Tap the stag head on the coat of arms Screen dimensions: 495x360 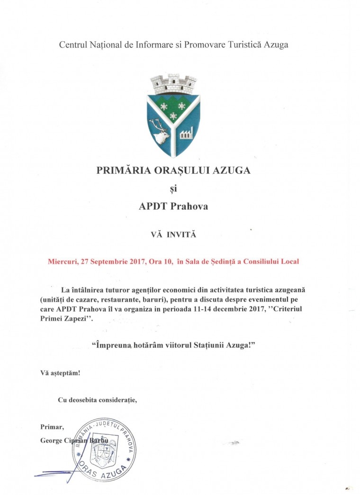click(161, 134)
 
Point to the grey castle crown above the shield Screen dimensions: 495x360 click(173, 84)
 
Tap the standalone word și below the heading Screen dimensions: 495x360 click(173, 189)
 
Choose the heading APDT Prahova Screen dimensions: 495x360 click(173, 207)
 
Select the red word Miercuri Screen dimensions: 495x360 click(64, 261)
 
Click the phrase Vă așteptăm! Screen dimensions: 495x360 click(60, 373)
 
